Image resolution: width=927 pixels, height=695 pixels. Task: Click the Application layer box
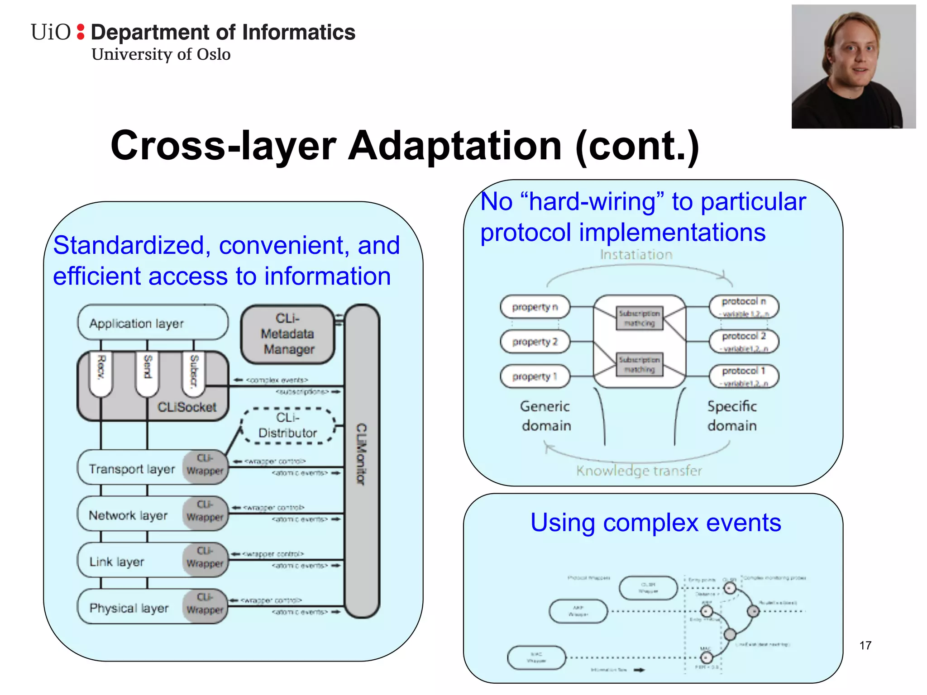(153, 323)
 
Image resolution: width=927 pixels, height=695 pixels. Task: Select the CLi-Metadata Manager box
(288, 334)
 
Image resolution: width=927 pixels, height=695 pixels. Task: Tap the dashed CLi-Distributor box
(288, 425)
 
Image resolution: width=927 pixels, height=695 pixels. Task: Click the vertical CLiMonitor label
(361, 454)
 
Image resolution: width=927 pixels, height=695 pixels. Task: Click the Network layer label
(128, 515)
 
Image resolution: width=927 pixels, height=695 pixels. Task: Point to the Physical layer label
(129, 608)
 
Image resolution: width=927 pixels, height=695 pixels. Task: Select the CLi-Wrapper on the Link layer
(205, 559)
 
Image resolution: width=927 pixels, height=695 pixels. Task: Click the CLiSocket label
(186, 407)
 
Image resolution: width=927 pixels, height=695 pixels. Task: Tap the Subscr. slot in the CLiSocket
(194, 372)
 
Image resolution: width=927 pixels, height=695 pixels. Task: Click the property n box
(535, 307)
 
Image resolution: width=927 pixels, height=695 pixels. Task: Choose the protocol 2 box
(744, 341)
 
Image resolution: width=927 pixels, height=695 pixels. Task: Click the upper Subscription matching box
(639, 318)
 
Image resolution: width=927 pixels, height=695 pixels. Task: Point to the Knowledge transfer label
(639, 471)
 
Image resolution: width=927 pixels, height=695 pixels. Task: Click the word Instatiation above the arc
(636, 255)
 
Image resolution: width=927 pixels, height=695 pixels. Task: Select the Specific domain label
(732, 416)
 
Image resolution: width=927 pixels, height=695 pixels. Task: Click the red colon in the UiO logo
(81, 32)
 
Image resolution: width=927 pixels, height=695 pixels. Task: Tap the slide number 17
(865, 645)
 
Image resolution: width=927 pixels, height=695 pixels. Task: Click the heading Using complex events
(655, 523)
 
